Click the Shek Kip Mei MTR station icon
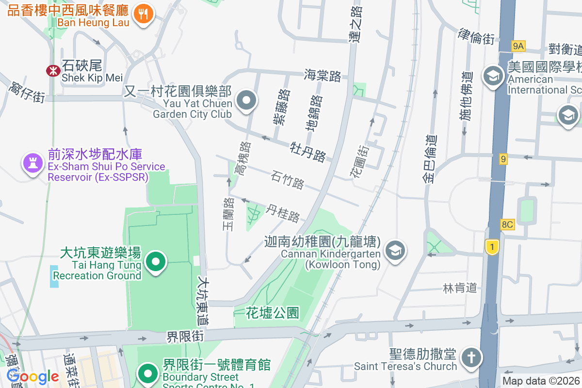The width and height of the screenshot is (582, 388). click(52, 71)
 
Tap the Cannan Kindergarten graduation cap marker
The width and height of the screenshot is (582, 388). click(396, 250)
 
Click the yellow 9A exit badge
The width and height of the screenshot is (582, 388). click(518, 46)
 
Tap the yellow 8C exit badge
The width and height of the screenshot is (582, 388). click(507, 225)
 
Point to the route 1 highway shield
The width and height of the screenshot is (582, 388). click(492, 247)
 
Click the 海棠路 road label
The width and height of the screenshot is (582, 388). click(323, 75)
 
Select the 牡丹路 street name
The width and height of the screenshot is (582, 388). click(308, 151)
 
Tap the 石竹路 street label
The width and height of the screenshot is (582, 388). click(288, 179)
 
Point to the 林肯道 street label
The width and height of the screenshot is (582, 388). click(460, 288)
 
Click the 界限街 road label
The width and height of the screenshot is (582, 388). click(185, 336)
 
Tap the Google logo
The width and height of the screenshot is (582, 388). click(33, 376)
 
